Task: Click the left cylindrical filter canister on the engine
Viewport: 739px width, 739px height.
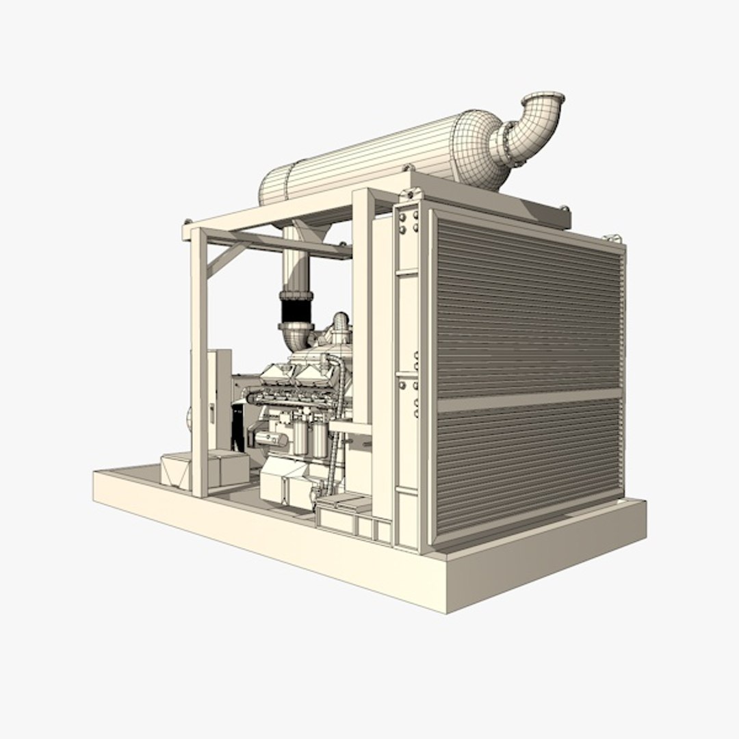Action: (300, 437)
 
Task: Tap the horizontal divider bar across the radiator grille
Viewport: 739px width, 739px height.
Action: (529, 399)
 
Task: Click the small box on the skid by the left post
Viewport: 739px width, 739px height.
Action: (177, 471)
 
